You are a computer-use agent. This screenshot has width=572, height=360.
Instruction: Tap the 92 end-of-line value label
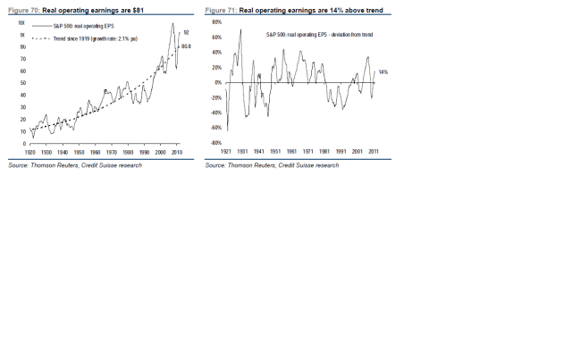185,32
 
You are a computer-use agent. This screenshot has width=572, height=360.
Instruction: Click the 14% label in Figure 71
383,71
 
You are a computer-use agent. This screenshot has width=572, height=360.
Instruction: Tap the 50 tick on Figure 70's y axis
22,83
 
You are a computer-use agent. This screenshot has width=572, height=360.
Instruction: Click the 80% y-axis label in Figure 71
216,21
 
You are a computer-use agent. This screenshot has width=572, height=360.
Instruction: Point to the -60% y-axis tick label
215,128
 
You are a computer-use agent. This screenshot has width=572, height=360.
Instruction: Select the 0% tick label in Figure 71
218,82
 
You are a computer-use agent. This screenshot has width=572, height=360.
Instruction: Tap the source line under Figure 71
272,165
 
